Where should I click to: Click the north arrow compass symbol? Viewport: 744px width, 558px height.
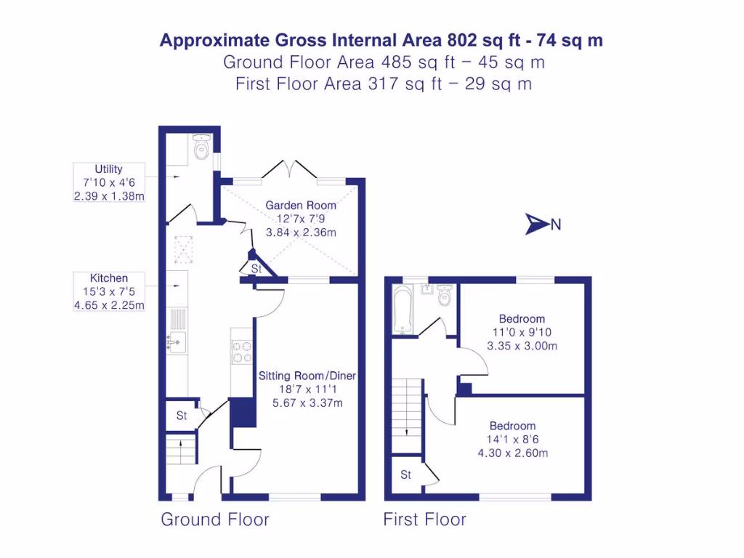pyautogui.click(x=536, y=225)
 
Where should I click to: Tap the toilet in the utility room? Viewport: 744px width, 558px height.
pyautogui.click(x=201, y=147)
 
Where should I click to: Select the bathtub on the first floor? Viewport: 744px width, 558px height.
pyautogui.click(x=402, y=310)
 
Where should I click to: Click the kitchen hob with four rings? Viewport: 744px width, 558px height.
pyautogui.click(x=241, y=352)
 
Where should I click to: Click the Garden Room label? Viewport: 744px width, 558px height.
pyautogui.click(x=300, y=206)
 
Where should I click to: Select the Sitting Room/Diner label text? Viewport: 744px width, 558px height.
pyautogui.click(x=307, y=376)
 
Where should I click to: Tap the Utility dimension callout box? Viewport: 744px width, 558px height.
pyautogui.click(x=109, y=183)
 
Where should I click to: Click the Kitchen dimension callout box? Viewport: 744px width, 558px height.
pyautogui.click(x=109, y=291)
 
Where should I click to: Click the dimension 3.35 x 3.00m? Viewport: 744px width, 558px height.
pyautogui.click(x=522, y=346)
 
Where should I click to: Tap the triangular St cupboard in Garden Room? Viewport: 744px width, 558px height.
pyautogui.click(x=256, y=268)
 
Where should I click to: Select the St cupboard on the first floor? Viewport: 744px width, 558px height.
pyautogui.click(x=406, y=475)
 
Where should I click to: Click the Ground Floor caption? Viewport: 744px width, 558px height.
pyautogui.click(x=215, y=519)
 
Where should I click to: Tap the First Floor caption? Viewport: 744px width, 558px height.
pyautogui.click(x=425, y=519)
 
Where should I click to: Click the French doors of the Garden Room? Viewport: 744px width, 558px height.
pyautogui.click(x=289, y=169)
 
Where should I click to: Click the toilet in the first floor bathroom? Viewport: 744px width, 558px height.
pyautogui.click(x=445, y=296)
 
